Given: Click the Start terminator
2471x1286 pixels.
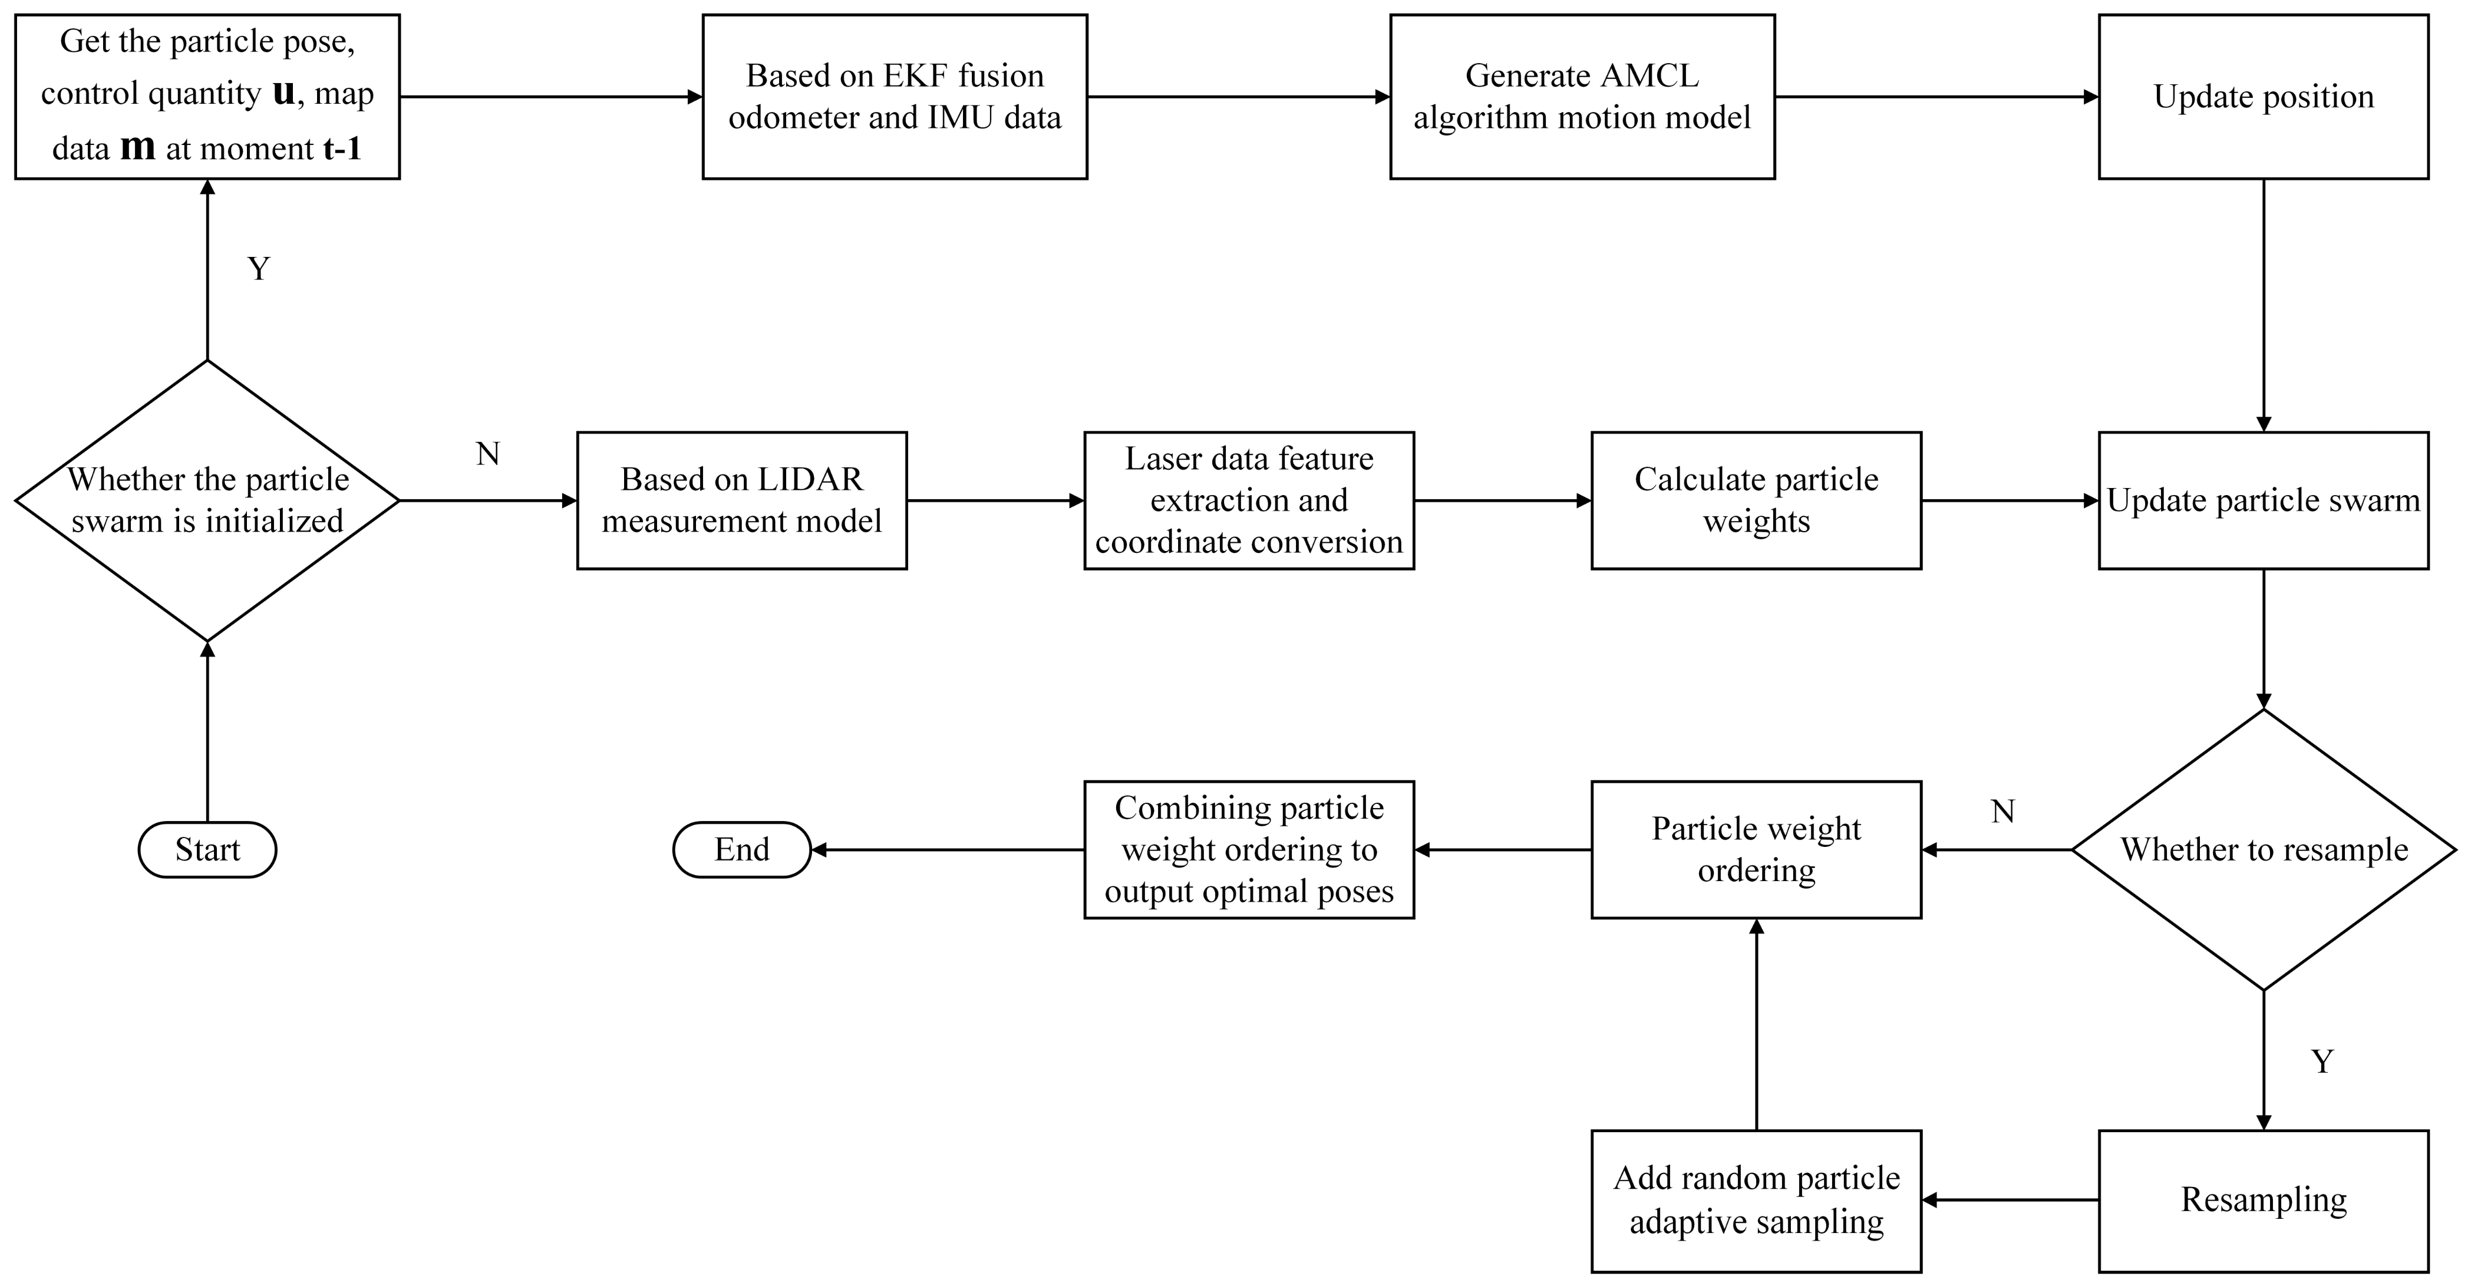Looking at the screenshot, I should coord(207,850).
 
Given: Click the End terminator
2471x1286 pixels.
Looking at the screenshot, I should coord(741,850).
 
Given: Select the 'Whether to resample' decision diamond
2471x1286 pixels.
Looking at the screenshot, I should coord(2263,850).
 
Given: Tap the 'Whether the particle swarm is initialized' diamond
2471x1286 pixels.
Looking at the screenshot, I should coord(207,500).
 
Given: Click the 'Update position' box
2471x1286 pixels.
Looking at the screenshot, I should coord(2263,97).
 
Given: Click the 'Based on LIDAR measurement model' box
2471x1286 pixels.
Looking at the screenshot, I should coord(741,500).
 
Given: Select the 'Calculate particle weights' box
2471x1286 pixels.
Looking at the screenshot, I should coord(1756,500).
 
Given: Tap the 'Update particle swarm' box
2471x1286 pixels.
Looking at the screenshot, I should coord(2263,500).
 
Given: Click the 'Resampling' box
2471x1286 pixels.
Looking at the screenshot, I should coord(2263,1201).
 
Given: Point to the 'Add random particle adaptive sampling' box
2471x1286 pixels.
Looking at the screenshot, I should coord(1756,1201).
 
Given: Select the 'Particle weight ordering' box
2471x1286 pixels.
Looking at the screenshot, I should coord(1756,850).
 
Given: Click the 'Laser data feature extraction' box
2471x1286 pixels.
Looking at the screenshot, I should coord(1249,500).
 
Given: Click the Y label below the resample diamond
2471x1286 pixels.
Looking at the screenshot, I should coord(2321,1061).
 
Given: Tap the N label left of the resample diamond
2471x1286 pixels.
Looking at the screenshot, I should coord(2002,812).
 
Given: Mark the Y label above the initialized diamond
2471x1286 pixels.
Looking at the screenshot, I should coord(258,269).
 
